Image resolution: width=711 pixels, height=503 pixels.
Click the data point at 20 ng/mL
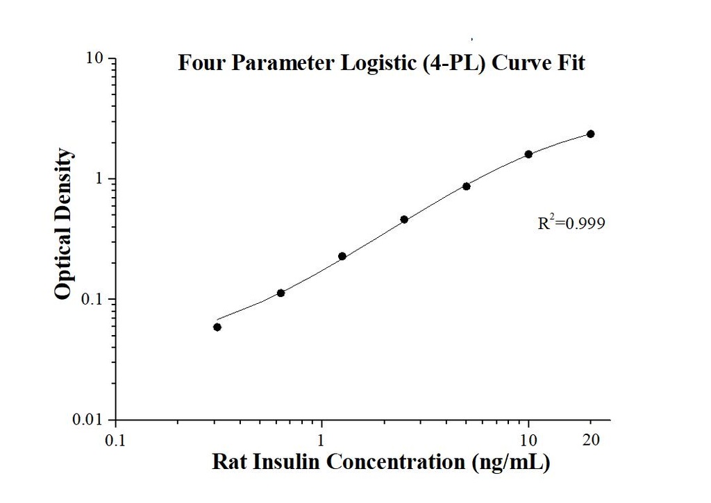[590, 134]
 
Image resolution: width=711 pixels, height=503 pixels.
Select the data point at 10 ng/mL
[528, 154]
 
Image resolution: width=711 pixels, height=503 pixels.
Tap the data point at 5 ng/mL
[467, 186]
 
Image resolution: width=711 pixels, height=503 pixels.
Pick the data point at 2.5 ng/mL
[404, 219]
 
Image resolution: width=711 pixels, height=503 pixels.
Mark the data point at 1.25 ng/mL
[342, 256]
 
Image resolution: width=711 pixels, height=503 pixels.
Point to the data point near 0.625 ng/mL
[281, 293]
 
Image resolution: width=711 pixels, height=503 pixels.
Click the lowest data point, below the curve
[217, 327]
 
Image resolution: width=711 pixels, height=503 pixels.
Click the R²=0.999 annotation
[567, 223]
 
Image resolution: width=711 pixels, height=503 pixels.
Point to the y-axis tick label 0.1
[94, 300]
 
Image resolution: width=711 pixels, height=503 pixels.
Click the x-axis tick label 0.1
[115, 439]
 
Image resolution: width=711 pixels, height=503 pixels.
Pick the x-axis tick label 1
[321, 439]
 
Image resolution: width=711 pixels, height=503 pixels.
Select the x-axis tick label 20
[591, 439]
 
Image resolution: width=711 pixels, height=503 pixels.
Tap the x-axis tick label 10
[528, 439]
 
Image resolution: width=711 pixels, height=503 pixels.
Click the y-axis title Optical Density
[63, 223]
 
